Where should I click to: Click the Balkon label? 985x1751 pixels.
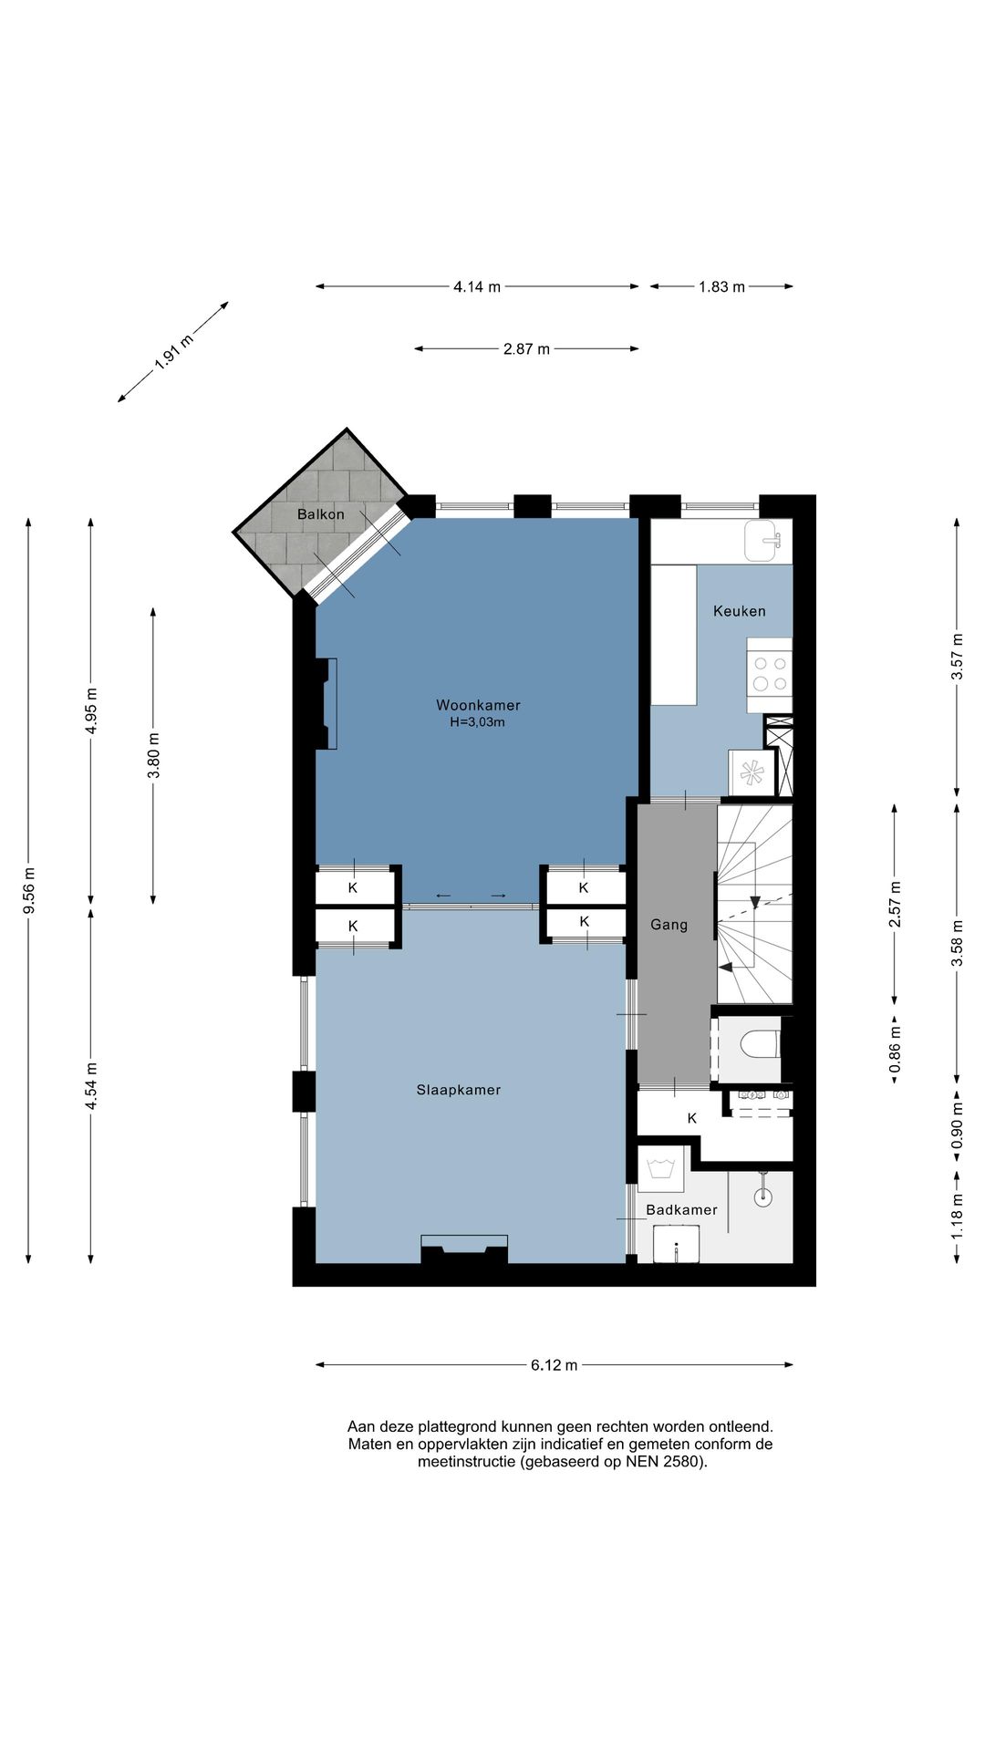click(x=321, y=514)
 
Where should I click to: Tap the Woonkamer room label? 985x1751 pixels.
click(x=478, y=705)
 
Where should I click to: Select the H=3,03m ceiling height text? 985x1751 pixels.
click(x=477, y=722)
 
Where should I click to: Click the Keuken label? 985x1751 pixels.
click(x=740, y=611)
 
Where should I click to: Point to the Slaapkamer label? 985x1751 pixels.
click(x=459, y=1090)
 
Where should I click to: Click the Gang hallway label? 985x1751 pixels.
click(x=669, y=925)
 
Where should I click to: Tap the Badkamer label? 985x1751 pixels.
click(x=681, y=1210)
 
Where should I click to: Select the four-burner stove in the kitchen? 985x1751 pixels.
click(x=769, y=675)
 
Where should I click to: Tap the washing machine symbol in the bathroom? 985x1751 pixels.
click(x=660, y=1169)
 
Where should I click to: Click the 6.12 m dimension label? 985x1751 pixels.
click(x=555, y=1365)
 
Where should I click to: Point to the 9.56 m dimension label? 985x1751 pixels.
click(x=29, y=891)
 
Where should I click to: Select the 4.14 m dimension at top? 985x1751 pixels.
click(x=477, y=286)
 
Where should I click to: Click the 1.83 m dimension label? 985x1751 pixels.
click(x=722, y=286)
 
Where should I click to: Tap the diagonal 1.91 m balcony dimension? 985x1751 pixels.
click(x=173, y=351)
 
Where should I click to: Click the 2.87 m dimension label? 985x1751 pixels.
click(x=526, y=348)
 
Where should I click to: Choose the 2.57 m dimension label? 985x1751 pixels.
click(x=895, y=904)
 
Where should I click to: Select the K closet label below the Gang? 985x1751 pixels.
click(x=692, y=1118)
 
